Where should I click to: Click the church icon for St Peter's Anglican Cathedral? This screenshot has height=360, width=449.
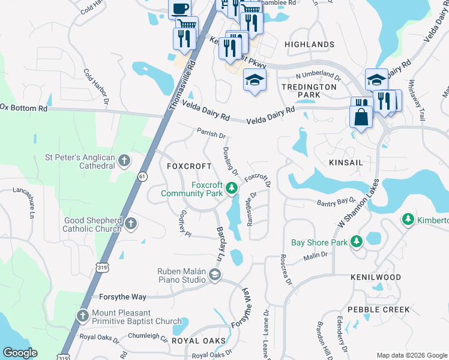[x=124, y=160]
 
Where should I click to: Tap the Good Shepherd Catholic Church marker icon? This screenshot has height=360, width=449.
[x=131, y=224]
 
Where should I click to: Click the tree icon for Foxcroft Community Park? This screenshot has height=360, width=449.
[x=232, y=190]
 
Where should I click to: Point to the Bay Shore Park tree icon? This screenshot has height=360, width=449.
[x=357, y=242]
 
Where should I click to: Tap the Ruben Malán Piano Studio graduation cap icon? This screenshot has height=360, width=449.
[x=214, y=275]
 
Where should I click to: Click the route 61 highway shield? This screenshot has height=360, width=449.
[x=142, y=176]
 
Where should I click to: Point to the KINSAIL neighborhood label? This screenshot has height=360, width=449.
[x=346, y=163]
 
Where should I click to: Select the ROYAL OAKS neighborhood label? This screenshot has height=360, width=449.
[x=199, y=341]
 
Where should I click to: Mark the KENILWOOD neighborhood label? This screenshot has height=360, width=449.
[x=376, y=277]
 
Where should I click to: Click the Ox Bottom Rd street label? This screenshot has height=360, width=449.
[x=24, y=107]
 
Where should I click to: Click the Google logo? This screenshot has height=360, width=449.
[x=20, y=353]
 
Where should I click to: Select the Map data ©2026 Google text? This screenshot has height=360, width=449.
[x=411, y=355]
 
